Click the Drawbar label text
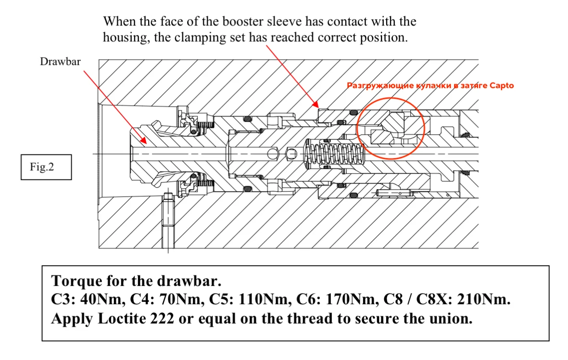pyautogui.click(x=60, y=62)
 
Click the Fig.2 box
pyautogui.click(x=46, y=167)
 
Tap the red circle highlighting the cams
pyautogui.click(x=391, y=98)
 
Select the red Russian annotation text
pyautogui.click(x=430, y=86)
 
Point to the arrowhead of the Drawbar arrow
pyautogui.click(x=143, y=140)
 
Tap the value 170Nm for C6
pyautogui.click(x=352, y=299)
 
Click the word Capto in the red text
pyautogui.click(x=501, y=86)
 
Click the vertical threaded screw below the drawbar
pyautogui.click(x=168, y=221)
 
